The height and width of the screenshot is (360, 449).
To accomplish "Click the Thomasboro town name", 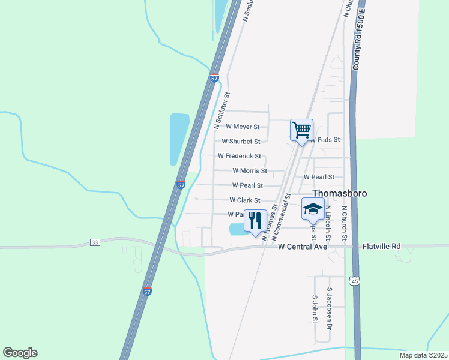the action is pyautogui.click(x=340, y=193).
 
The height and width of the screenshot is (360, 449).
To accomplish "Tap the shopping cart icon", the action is pyautogui.click(x=301, y=130).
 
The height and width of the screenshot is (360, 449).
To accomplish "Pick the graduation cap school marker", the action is pyautogui.click(x=313, y=209).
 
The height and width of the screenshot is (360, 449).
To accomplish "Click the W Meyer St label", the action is pyautogui.click(x=243, y=127).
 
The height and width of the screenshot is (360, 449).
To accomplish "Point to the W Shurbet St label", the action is pyautogui.click(x=241, y=142).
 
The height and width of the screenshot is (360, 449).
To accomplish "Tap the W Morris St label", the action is pyautogui.click(x=249, y=170).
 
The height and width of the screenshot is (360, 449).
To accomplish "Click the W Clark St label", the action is pyautogui.click(x=245, y=200).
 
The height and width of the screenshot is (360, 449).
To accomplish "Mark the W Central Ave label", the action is pyautogui.click(x=303, y=247).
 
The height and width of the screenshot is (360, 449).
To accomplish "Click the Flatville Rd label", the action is pyautogui.click(x=382, y=247).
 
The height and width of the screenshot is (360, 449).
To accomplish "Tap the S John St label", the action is pyautogui.click(x=314, y=308).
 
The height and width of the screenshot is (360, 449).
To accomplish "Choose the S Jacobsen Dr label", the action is pyautogui.click(x=329, y=308).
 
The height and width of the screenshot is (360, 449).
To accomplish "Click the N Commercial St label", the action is pyautogui.click(x=281, y=217).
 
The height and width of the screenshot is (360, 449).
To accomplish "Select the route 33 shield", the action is pyautogui.click(x=95, y=242).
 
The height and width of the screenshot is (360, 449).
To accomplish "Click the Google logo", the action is pyautogui.click(x=20, y=353).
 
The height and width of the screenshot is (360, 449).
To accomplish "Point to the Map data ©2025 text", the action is pyautogui.click(x=423, y=355).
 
